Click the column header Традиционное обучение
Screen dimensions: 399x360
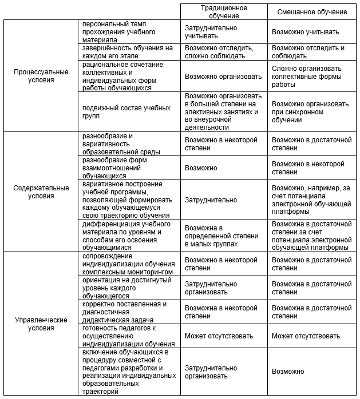[x=224, y=12]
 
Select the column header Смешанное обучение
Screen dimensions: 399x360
[x=312, y=12]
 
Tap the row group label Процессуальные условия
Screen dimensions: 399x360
[x=41, y=76]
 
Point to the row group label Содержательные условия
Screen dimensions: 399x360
[x=41, y=192]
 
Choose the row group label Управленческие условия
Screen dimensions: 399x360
[x=41, y=324]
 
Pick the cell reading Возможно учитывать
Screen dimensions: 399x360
[x=305, y=32]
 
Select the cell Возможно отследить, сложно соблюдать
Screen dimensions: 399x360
[x=219, y=53]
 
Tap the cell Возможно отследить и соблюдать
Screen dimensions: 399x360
[x=308, y=53]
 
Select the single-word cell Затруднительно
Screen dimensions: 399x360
[x=211, y=200]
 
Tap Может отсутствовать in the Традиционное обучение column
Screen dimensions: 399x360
[x=219, y=336]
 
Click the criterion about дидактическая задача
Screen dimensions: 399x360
[x=124, y=312]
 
